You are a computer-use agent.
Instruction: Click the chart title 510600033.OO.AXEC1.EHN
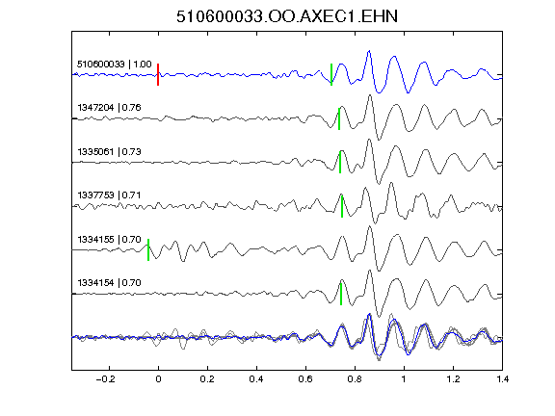click(x=287, y=16)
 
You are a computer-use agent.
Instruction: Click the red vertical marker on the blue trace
click(x=158, y=75)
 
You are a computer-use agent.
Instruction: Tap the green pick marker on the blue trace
click(x=331, y=75)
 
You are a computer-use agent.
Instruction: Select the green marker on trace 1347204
click(x=339, y=118)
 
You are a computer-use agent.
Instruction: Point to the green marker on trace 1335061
click(x=340, y=162)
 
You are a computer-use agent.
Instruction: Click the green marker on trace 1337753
click(x=342, y=206)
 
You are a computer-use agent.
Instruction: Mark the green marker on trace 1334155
click(x=148, y=249)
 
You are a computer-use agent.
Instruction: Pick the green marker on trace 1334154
click(x=341, y=294)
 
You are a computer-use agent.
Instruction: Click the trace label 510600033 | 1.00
click(x=115, y=65)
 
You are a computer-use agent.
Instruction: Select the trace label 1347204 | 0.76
click(x=110, y=108)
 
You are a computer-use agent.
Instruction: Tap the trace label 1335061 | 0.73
click(x=110, y=152)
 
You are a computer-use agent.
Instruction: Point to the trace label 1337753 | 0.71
click(x=110, y=195)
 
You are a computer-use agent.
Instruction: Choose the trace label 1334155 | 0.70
click(x=110, y=240)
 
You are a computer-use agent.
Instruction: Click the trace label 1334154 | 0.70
click(x=110, y=283)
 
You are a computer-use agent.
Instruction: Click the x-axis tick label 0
click(x=158, y=379)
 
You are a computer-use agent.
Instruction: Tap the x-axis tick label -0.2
click(x=106, y=379)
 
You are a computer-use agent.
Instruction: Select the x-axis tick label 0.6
click(x=305, y=379)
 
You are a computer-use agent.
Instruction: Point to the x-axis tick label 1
click(x=404, y=379)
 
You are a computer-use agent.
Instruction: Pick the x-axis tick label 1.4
click(x=502, y=379)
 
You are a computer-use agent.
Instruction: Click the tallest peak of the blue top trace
click(x=369, y=51)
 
